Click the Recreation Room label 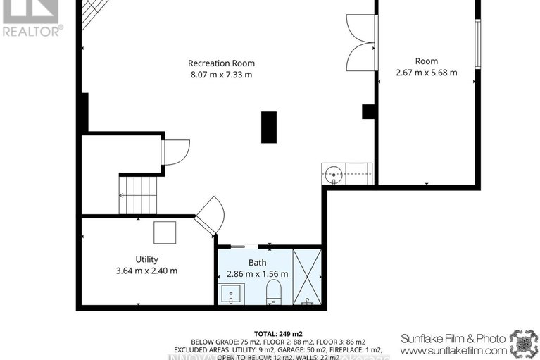221,63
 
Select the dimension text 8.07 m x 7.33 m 221,74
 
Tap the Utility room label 147,259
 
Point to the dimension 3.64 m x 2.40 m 147,271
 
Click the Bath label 257,262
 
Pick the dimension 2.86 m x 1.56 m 258,273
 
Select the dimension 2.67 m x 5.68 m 426,72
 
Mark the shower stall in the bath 307,276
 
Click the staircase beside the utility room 139,194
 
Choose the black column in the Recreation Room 269,128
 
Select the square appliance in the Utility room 165,232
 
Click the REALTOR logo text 32,30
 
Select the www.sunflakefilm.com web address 454,349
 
